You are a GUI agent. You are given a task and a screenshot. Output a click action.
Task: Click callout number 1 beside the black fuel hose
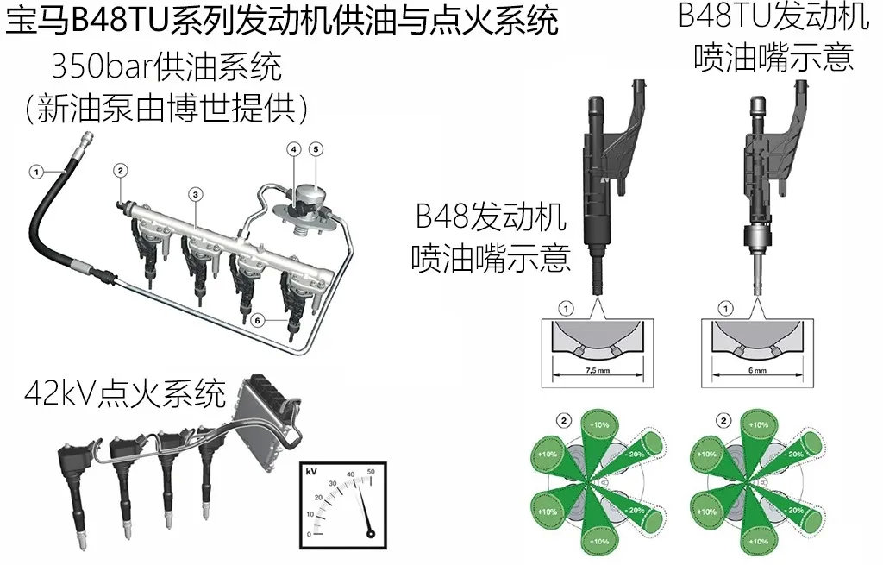pos(36,172)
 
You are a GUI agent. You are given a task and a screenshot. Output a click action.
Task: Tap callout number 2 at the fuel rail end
pos(120,170)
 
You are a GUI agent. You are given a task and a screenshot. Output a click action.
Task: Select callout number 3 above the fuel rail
pos(196,195)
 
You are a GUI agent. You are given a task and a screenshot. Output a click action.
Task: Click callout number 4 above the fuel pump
pos(293,149)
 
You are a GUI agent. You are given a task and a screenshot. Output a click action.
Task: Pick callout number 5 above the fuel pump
pos(316,149)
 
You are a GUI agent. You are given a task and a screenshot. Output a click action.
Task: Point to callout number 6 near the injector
pos(257,321)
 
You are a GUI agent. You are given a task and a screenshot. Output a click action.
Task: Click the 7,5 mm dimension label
pos(598,371)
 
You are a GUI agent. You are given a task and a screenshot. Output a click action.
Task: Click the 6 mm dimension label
pos(757,371)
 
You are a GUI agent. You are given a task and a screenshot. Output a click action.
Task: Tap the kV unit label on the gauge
pos(310,471)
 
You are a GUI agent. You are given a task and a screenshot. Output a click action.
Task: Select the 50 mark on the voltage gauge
pos(371,472)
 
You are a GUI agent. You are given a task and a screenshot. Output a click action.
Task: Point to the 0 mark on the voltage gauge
pos(309,534)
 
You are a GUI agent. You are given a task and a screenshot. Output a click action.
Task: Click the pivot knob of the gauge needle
pos(371,533)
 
